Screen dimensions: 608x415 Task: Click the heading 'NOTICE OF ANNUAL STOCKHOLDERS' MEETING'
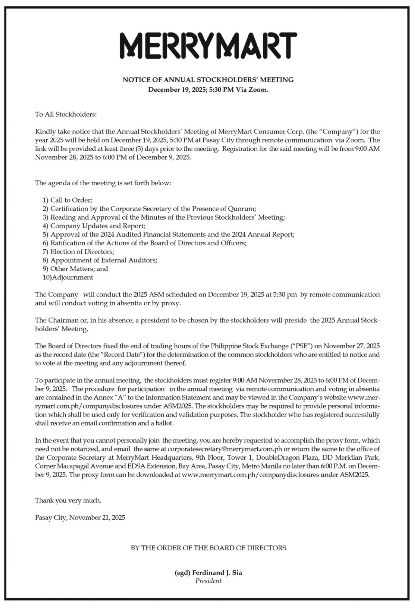tap(208, 80)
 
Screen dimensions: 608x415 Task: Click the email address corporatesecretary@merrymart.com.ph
tap(225, 449)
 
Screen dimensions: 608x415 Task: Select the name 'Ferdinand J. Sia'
tap(217, 573)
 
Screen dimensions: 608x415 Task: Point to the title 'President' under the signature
tap(208, 581)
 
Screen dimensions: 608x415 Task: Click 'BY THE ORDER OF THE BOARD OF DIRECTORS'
tap(208, 548)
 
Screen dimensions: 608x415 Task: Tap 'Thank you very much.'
tap(68, 500)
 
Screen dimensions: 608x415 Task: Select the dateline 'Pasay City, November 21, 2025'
tap(80, 518)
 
